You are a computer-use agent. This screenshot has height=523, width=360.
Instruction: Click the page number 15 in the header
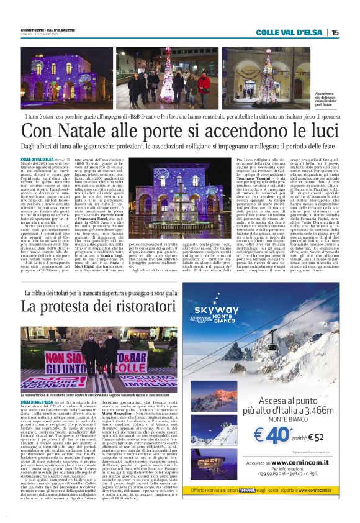[x=335, y=32]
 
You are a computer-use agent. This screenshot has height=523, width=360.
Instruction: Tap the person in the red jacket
[x=204, y=84]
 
